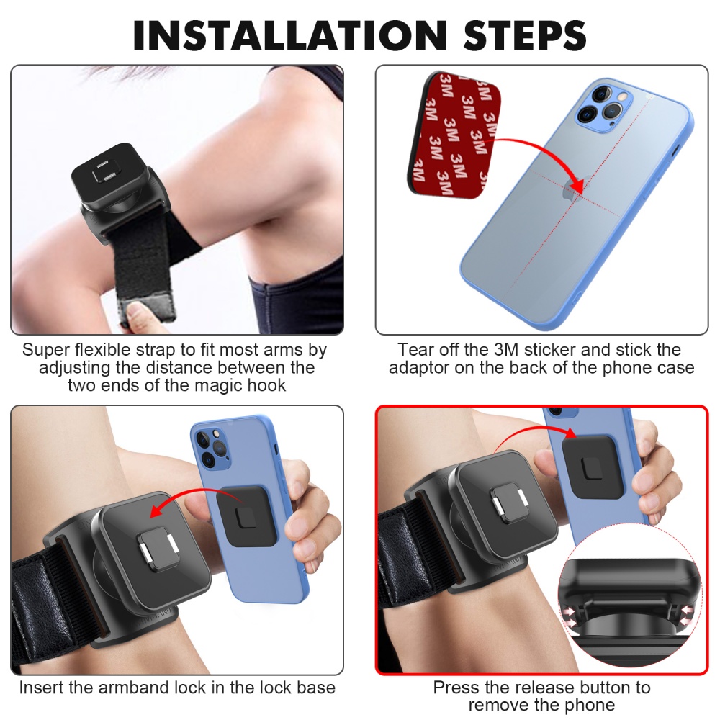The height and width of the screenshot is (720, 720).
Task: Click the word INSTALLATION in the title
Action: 289,35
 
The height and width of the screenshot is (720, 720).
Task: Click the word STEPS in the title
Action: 525,35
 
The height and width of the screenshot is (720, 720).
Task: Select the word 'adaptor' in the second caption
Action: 419,368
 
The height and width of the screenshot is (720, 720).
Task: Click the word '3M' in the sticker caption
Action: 505,349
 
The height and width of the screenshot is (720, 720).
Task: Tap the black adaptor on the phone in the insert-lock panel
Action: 247,516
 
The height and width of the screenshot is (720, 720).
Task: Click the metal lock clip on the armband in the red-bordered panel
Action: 508,503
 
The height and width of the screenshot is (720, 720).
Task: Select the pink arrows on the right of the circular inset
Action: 687,616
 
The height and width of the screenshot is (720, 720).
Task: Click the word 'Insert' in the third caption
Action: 42,688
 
